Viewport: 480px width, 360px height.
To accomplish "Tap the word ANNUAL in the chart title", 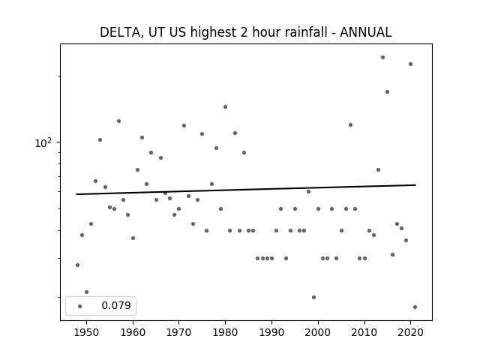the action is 366,32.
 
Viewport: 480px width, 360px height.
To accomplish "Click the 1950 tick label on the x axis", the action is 87,332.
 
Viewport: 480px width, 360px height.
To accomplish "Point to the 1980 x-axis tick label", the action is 225,332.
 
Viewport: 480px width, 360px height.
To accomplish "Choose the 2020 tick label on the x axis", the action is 410,332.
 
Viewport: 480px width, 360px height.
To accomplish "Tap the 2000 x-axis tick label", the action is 318,332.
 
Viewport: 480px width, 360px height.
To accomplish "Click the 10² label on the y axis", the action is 43,143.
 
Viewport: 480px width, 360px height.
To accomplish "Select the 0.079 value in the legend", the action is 116,305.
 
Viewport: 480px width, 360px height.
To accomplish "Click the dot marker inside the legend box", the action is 80,306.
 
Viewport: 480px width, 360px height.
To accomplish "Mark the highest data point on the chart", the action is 382,58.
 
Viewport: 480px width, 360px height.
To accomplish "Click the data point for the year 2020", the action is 410,64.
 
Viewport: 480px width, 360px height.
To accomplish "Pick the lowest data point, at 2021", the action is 415,307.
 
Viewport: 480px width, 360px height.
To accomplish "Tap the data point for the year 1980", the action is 225,106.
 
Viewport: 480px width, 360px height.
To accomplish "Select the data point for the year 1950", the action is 87,292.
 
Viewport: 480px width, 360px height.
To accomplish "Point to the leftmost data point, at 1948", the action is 77,265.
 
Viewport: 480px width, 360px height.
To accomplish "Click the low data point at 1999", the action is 313,297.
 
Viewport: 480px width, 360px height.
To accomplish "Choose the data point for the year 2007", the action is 350,125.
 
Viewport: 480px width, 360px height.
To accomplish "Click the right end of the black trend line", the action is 415,185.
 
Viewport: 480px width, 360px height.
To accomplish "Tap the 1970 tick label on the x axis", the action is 178,332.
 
